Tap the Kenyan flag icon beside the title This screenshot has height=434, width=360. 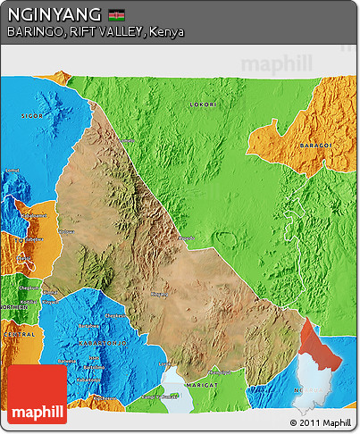(x=115, y=15)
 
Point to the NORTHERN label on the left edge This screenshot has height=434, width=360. (x=14, y=306)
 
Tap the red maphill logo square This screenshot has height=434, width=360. (x=37, y=394)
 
